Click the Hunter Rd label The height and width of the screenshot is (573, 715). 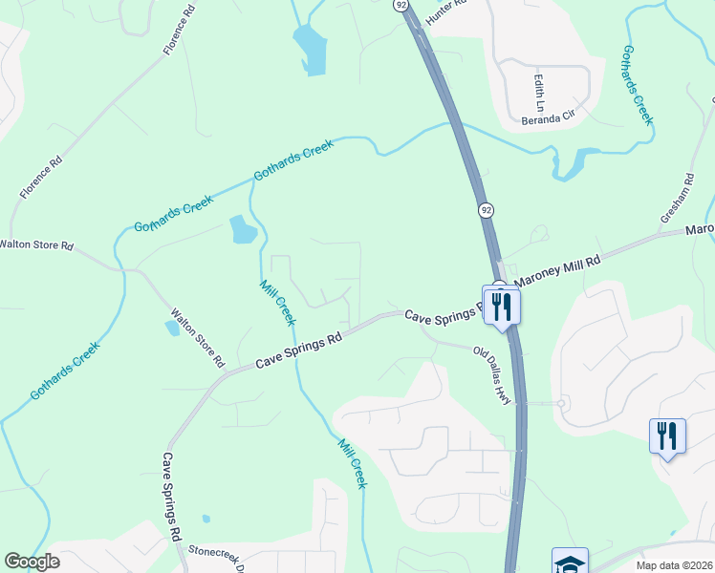click(x=446, y=9)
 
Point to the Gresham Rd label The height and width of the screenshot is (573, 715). click(x=676, y=199)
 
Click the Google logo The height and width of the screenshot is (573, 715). click(x=32, y=562)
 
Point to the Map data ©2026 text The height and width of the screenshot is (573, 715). click(x=674, y=565)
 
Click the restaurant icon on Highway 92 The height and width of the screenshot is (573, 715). click(x=501, y=306)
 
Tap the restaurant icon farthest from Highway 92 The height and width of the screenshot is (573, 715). click(x=667, y=436)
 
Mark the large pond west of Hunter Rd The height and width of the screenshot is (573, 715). click(x=310, y=48)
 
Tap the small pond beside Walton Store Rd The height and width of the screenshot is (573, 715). click(x=172, y=328)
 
